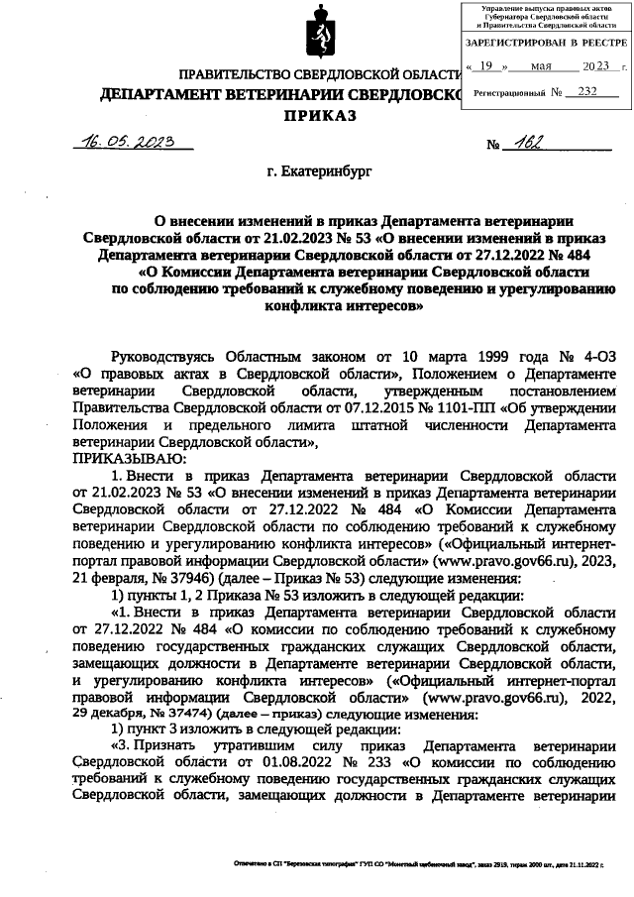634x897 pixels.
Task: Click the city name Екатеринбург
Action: point(318,173)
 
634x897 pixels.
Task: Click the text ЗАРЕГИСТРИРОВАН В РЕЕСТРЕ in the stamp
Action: point(546,45)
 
